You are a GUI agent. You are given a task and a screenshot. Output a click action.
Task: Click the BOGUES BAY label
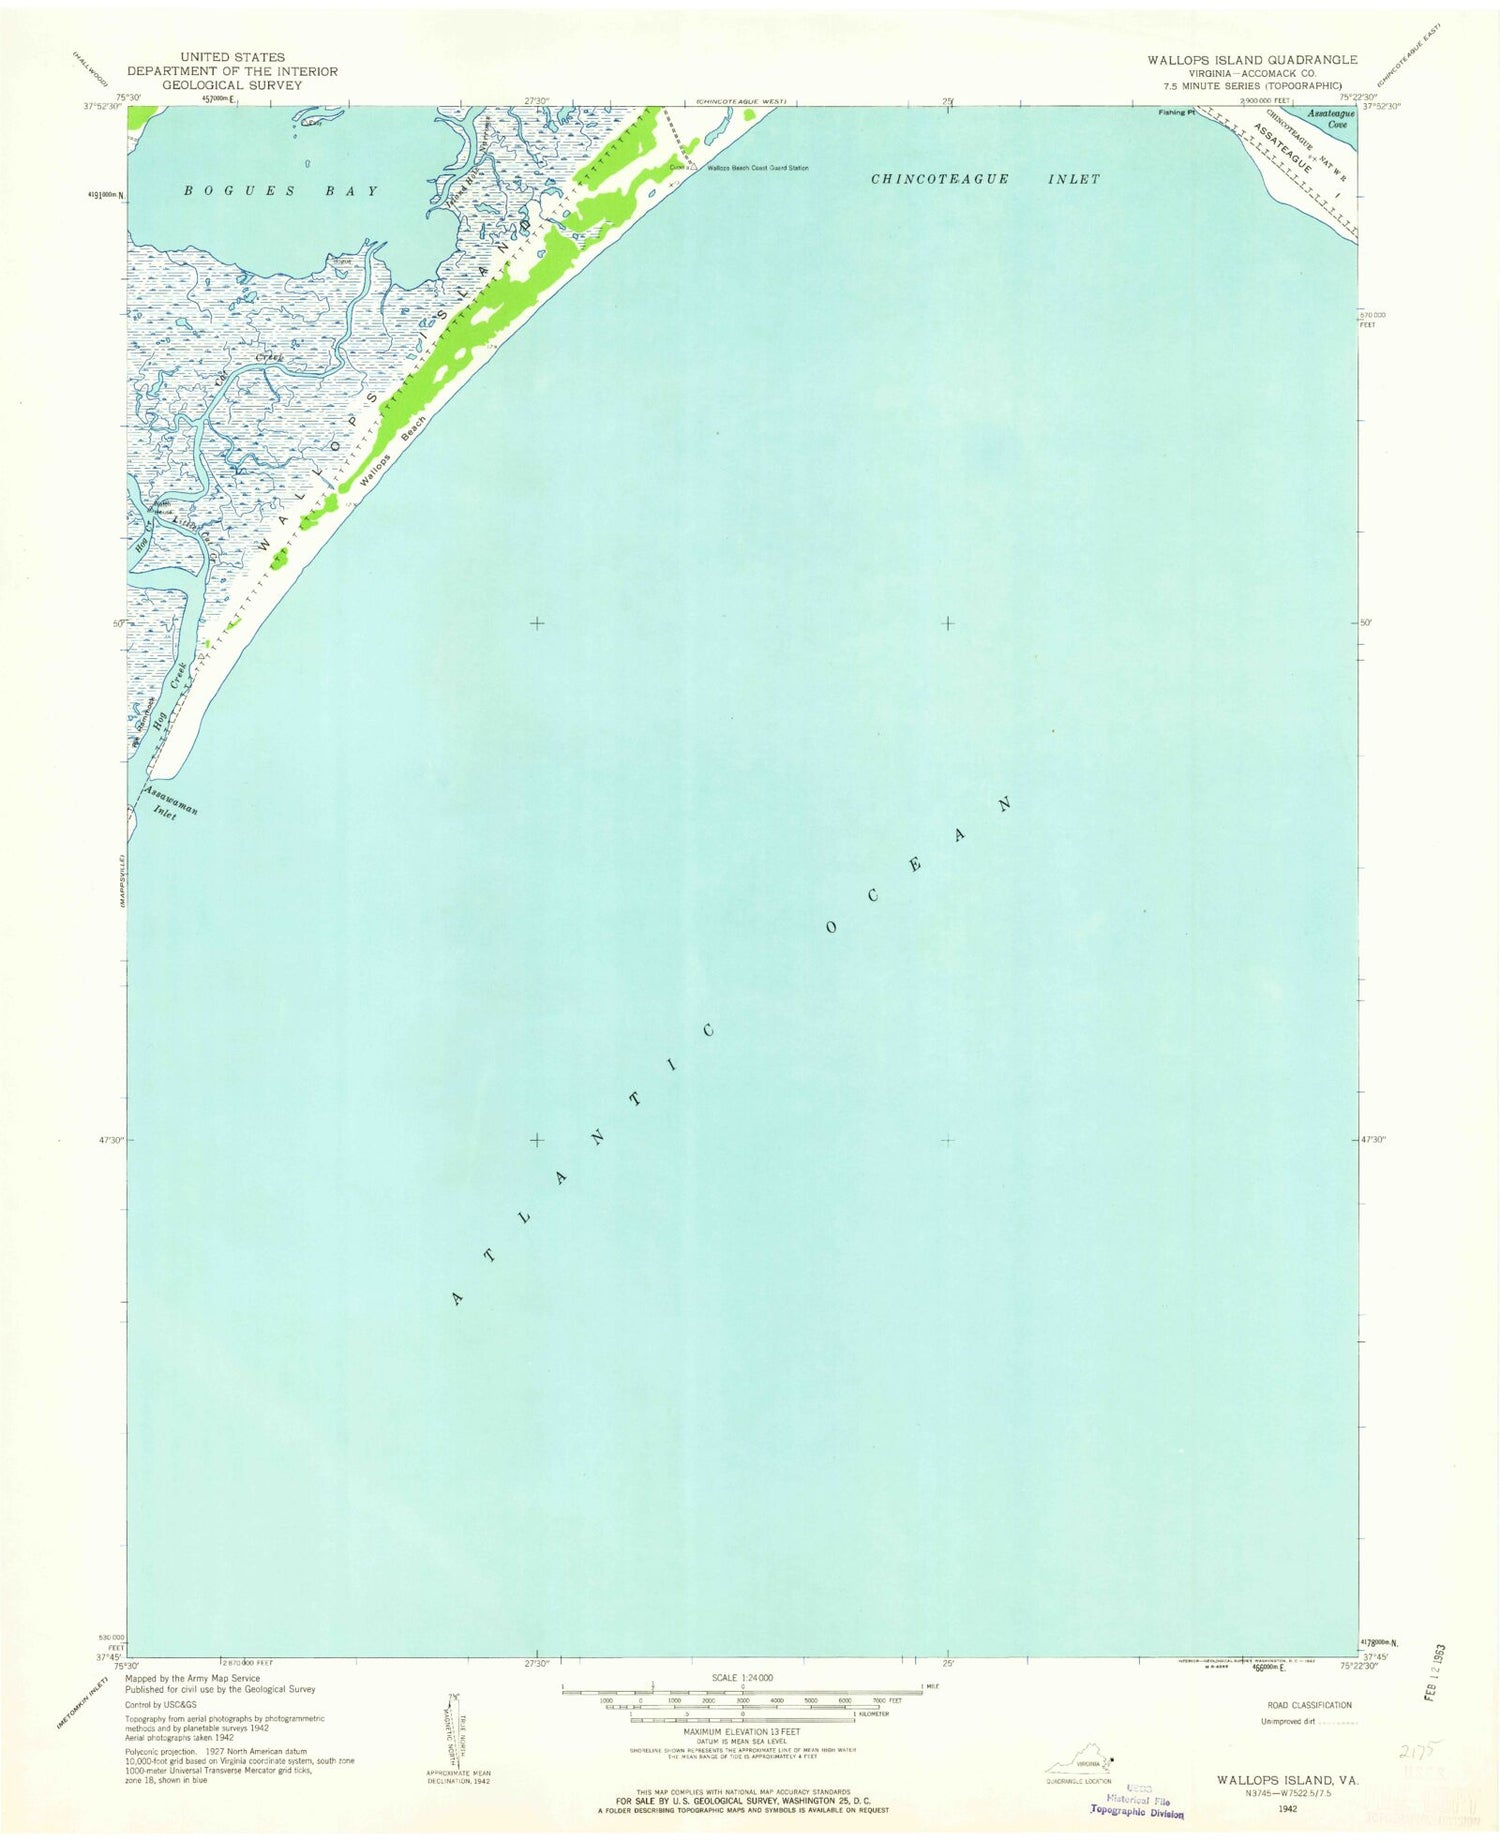[282, 190]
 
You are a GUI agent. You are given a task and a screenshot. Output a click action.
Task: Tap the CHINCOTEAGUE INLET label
[985, 179]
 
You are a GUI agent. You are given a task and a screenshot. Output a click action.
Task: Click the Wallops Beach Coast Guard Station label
[757, 168]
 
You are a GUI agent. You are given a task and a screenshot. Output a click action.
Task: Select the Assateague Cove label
[1330, 119]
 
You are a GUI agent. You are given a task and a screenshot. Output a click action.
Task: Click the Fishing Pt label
[1177, 113]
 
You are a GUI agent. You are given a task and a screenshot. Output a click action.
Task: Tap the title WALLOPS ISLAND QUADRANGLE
[1251, 60]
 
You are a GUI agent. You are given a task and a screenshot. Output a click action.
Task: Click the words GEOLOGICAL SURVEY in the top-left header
[232, 85]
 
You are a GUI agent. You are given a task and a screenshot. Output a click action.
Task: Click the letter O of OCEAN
[830, 927]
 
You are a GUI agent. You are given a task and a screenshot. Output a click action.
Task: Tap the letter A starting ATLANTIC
[458, 1298]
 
